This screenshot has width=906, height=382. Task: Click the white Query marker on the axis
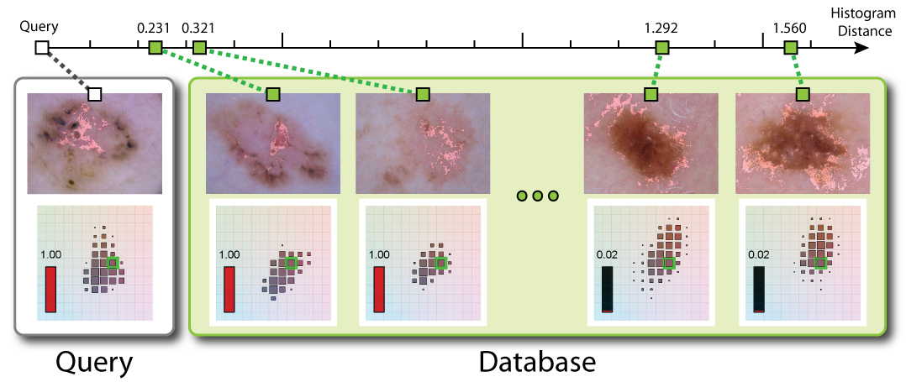click(x=43, y=47)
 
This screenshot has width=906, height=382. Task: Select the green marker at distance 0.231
click(x=155, y=47)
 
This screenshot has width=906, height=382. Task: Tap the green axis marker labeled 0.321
click(x=199, y=47)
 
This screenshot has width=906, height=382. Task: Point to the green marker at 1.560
click(x=790, y=47)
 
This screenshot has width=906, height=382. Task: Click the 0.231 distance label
click(x=153, y=28)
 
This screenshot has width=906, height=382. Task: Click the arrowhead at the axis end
click(x=861, y=47)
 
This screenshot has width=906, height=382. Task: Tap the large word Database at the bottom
click(x=537, y=362)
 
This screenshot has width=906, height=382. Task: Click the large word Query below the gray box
click(x=94, y=362)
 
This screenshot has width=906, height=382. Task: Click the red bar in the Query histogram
click(x=50, y=289)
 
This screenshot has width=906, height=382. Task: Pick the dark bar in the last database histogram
click(x=759, y=289)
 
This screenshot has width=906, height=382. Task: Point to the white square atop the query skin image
click(x=95, y=94)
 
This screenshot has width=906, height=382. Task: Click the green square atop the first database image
click(x=272, y=94)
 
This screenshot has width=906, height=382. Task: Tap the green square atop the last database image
click(x=803, y=94)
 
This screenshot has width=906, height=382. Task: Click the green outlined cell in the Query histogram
click(x=113, y=264)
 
